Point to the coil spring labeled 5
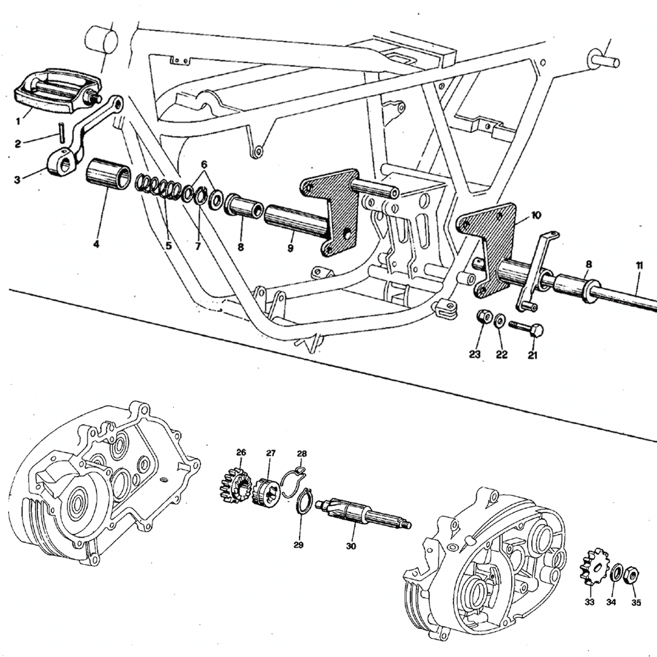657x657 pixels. [158, 187]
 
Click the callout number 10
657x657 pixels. [535, 216]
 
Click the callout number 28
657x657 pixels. [302, 454]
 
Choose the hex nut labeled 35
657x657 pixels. [632, 576]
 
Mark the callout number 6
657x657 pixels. [204, 165]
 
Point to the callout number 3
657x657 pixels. [18, 180]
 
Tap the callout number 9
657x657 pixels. [290, 248]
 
